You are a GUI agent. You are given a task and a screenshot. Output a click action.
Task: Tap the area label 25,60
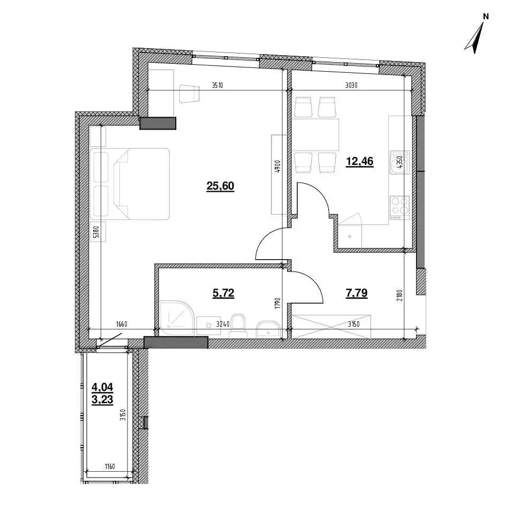[220, 186]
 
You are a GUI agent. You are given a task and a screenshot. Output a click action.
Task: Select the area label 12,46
[360, 162]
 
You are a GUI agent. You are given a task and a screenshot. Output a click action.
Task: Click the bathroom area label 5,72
[223, 293]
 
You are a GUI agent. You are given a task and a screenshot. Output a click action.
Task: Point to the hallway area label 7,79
[357, 293]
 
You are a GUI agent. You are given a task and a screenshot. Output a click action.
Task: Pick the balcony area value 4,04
[102, 387]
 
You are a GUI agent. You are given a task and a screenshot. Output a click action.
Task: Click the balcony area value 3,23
[102, 399]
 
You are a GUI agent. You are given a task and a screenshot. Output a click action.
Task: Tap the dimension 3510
[217, 86]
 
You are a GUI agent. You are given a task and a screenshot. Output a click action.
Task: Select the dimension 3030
[351, 86]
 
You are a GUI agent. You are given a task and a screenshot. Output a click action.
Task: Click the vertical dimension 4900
[277, 167]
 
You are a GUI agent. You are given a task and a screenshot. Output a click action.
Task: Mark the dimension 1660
[122, 324]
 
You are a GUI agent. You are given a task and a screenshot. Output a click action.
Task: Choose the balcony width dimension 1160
[109, 466]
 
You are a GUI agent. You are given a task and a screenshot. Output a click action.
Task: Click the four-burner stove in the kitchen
[400, 208]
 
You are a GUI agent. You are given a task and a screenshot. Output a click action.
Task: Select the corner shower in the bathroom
[177, 318]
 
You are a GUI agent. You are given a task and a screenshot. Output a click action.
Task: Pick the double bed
[130, 184]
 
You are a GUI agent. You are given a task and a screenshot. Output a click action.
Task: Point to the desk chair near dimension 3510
[190, 93]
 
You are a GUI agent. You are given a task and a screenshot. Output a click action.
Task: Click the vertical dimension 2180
[399, 296]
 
